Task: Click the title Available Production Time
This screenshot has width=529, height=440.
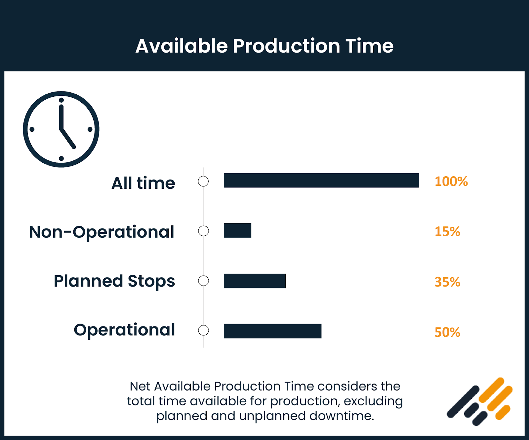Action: pyautogui.click(x=264, y=46)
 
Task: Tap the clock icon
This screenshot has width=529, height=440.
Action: pyautogui.click(x=61, y=129)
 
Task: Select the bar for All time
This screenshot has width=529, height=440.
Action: pyautogui.click(x=321, y=180)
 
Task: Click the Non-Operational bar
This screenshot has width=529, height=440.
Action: pyautogui.click(x=237, y=230)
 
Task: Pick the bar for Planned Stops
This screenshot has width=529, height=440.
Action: pyautogui.click(x=255, y=281)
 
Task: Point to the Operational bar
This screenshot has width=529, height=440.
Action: pyautogui.click(x=272, y=331)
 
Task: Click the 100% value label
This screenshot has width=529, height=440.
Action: pyautogui.click(x=451, y=182)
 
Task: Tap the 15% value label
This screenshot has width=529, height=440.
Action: pyautogui.click(x=447, y=232)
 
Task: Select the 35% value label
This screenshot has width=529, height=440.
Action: pyautogui.click(x=447, y=282)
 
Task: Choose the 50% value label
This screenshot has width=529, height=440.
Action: pyautogui.click(x=447, y=332)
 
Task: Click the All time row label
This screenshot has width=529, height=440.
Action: pyautogui.click(x=143, y=183)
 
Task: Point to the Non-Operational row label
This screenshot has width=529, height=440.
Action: pyautogui.click(x=102, y=232)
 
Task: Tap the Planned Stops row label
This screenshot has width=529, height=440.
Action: pyautogui.click(x=114, y=281)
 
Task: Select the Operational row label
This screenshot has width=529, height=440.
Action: pyautogui.click(x=124, y=330)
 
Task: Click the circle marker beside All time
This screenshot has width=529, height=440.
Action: pyautogui.click(x=203, y=181)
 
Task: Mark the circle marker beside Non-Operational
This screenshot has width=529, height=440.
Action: pyautogui.click(x=203, y=231)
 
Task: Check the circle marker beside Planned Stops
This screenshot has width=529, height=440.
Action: pyautogui.click(x=203, y=281)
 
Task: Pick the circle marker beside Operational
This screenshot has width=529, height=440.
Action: pyautogui.click(x=203, y=330)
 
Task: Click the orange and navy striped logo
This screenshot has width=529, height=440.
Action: pyautogui.click(x=480, y=401)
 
